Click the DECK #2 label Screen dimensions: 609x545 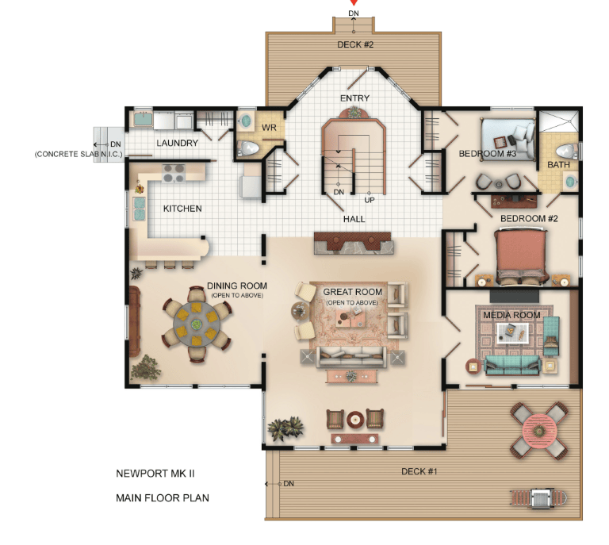tap(355, 44)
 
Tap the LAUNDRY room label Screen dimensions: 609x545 tap(177, 143)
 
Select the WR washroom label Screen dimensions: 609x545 tap(269, 128)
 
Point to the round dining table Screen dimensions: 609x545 tap(197, 324)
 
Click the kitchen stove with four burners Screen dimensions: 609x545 tap(174, 173)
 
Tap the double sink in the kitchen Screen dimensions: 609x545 tap(139, 209)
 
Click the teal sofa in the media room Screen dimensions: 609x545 tap(512, 365)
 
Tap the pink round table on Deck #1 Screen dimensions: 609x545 tap(538, 431)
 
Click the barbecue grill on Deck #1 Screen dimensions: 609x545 tap(538, 498)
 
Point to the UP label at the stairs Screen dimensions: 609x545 tap(370, 200)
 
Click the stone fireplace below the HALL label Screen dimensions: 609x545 tap(354, 244)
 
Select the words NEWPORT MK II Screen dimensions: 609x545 tap(155, 474)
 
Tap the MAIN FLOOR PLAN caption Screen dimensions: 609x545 tap(163, 498)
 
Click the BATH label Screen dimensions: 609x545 tap(558, 165)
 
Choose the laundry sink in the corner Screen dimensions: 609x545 tap(143, 119)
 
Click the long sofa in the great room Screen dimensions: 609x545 tap(351, 357)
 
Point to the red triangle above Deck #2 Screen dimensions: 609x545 tap(354, 2)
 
